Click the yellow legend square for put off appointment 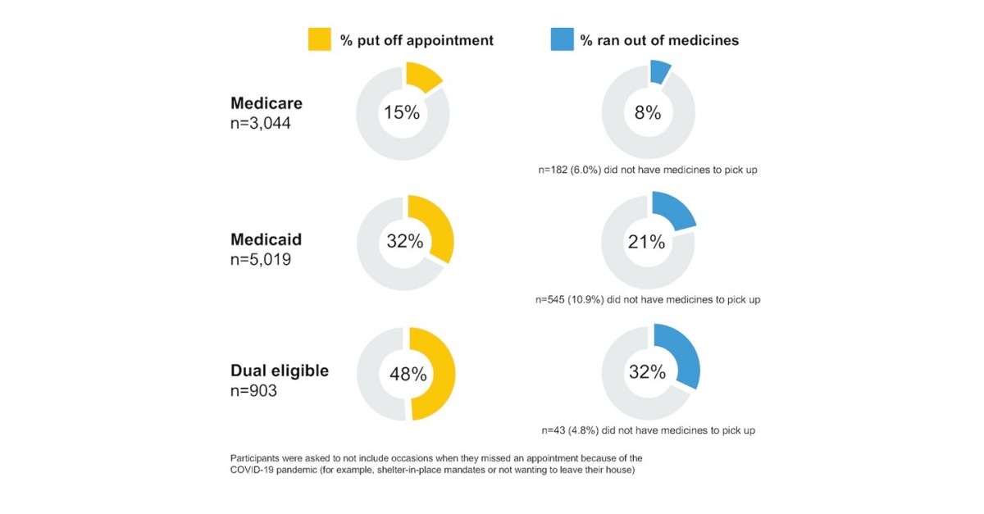[x=320, y=39]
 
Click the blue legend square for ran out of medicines [x=562, y=39]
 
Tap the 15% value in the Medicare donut [x=402, y=113]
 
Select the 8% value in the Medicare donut [x=648, y=113]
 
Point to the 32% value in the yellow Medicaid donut [x=404, y=242]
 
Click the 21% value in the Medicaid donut [x=648, y=242]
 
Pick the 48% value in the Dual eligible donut [x=407, y=374]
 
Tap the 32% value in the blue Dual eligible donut [x=648, y=372]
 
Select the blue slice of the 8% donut [x=660, y=71]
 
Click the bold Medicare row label [x=266, y=104]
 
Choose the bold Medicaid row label [x=266, y=239]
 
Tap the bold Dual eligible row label [x=279, y=371]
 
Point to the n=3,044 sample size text [x=261, y=124]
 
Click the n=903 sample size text [x=253, y=391]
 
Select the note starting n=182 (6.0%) [x=648, y=171]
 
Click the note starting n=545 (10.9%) [x=648, y=299]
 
